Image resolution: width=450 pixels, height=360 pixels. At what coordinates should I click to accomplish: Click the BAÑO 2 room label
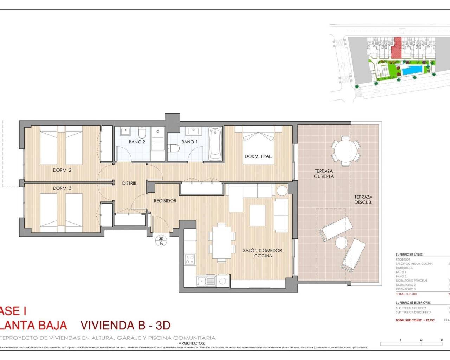pos(137,142)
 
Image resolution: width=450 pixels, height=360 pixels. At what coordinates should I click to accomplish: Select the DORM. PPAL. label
pos(258,156)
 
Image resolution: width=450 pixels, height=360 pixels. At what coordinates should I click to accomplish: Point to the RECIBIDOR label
pos(165,201)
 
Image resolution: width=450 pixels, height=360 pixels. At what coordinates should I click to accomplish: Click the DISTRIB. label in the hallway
pos(130,183)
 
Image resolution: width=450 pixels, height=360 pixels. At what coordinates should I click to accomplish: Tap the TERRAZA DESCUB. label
pos(363,200)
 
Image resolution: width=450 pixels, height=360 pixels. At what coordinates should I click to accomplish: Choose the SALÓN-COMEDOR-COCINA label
pos(263,253)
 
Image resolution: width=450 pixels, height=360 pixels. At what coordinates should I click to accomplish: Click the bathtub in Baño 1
pos(215,144)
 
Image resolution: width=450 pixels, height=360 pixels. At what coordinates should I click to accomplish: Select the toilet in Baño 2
pos(142,133)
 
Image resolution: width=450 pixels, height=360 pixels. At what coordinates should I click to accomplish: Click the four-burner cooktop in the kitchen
pos(190,259)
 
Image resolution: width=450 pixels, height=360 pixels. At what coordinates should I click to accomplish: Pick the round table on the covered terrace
pos(345,152)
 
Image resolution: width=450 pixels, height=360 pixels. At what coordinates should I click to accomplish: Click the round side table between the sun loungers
pos(341,243)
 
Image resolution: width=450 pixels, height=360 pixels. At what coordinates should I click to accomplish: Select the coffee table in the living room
pos(258,216)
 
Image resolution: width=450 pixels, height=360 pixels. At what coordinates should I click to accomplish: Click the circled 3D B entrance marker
pos(161,241)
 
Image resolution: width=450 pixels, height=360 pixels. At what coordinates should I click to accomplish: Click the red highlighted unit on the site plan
pos(397,48)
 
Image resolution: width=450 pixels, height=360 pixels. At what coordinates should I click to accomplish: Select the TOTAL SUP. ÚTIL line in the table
pos(407,294)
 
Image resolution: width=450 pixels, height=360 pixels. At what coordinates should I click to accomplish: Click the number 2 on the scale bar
pos(421,340)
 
